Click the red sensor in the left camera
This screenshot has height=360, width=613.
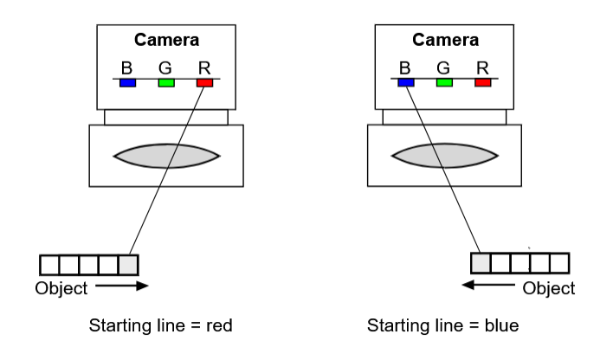(205, 83)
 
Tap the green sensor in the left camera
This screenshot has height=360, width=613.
(166, 83)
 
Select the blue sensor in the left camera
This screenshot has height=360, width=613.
(128, 83)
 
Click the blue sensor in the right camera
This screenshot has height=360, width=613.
(406, 82)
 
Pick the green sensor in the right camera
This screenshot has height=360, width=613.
(444, 82)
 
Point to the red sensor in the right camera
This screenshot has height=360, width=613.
(483, 82)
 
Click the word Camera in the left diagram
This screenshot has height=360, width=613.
(166, 40)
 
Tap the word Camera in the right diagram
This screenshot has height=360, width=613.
(445, 40)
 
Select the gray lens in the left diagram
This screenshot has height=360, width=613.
(166, 156)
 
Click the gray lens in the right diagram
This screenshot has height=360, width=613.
(445, 156)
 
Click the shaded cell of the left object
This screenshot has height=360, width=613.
(128, 265)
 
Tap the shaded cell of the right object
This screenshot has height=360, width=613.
(481, 263)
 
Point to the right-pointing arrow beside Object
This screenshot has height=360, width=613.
(121, 286)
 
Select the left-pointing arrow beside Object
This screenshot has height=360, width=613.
(488, 285)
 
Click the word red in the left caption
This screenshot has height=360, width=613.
(219, 325)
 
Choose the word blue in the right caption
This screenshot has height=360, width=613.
(501, 325)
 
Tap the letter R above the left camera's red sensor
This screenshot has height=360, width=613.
(204, 68)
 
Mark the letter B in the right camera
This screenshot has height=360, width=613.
(404, 68)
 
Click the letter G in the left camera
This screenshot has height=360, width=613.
(165, 68)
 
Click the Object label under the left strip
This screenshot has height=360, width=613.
(61, 288)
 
